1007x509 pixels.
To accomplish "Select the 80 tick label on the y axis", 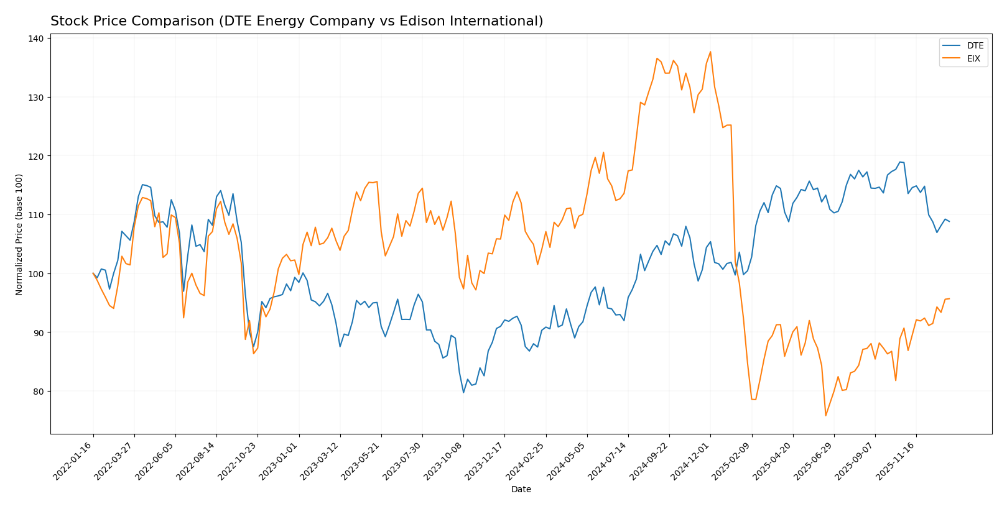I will [x=39, y=392].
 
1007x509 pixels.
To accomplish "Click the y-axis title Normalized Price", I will [x=19, y=234].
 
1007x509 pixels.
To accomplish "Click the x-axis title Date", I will [x=521, y=490].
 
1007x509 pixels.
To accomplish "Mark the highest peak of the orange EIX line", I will [x=710, y=52].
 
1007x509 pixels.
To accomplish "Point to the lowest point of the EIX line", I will [x=825, y=416].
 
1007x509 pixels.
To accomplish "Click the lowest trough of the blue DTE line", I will [x=463, y=392].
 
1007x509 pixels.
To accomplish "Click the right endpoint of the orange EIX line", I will [x=949, y=299].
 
